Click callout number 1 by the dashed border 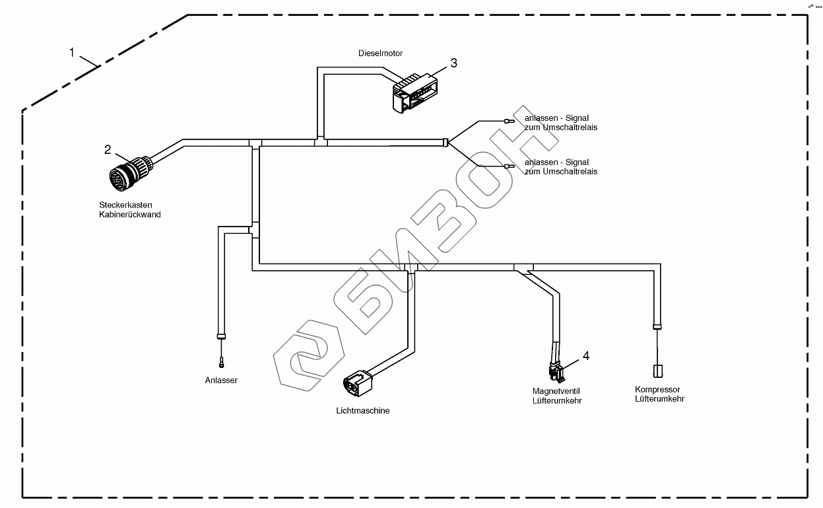click(72, 52)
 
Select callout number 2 click(108, 149)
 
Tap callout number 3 click(453, 63)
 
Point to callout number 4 click(585, 356)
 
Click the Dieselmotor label click(380, 53)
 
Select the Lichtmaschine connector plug click(357, 383)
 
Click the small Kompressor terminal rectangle click(657, 371)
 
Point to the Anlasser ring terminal click(222, 362)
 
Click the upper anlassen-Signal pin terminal click(509, 121)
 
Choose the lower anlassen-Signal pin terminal click(509, 167)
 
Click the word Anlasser click(221, 381)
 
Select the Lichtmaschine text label click(363, 411)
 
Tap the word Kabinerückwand click(129, 215)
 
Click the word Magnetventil click(556, 392)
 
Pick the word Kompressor click(657, 390)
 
